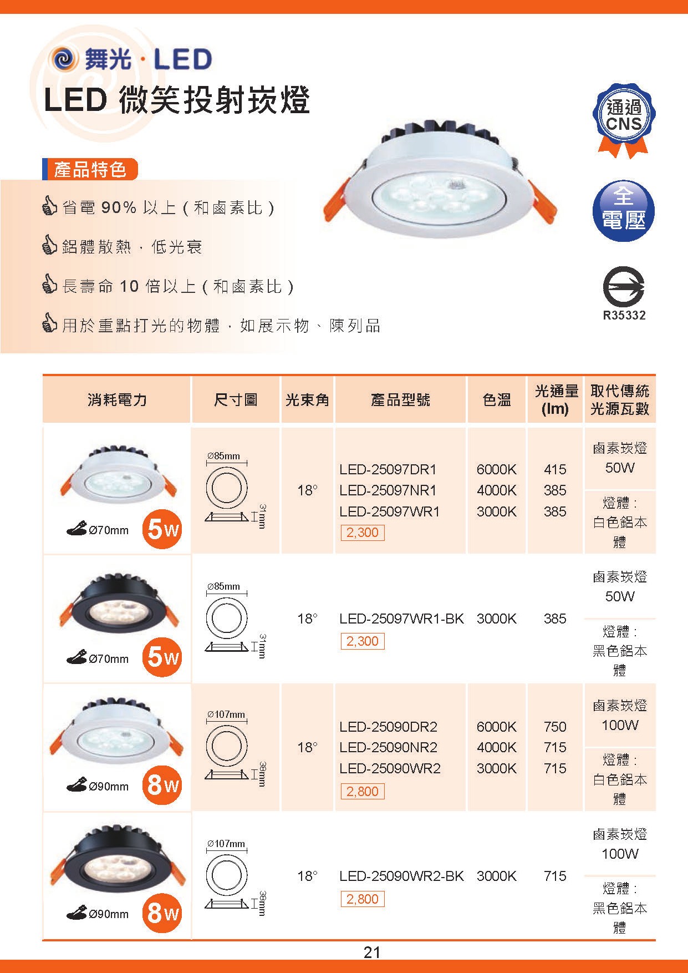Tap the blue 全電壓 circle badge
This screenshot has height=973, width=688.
[x=624, y=211]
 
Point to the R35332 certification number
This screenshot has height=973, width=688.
[x=624, y=316]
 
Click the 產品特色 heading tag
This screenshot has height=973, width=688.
[x=90, y=169]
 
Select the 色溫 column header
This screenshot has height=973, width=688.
[x=497, y=400]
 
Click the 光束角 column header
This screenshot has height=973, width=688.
[x=307, y=400]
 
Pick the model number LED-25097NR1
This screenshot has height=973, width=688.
[x=388, y=490]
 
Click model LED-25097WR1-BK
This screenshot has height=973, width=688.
[x=401, y=619]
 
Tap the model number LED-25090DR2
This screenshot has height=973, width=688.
[x=389, y=727]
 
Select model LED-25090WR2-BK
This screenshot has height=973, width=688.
[x=401, y=876]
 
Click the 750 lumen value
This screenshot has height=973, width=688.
[x=555, y=727]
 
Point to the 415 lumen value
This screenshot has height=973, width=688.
[x=555, y=469]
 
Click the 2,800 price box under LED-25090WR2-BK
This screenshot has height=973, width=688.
[x=362, y=899]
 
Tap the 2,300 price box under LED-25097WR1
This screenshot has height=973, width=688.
[x=362, y=533]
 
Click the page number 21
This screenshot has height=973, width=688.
[x=372, y=952]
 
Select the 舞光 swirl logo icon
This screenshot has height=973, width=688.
[x=64, y=59]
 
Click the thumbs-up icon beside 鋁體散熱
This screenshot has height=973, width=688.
[x=50, y=245]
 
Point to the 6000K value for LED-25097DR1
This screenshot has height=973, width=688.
[x=497, y=469]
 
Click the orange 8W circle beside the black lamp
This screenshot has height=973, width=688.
[x=162, y=913]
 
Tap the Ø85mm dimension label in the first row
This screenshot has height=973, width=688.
[x=224, y=456]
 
